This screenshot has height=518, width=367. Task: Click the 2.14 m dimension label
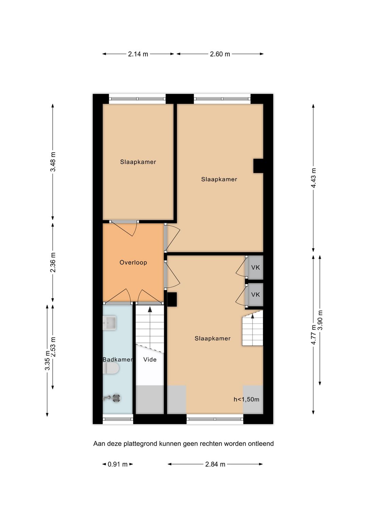tap(138, 54)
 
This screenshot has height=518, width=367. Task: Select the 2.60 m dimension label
tap(220, 54)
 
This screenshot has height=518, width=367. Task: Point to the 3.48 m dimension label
tap(53, 162)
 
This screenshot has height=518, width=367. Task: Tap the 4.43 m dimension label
tap(314, 178)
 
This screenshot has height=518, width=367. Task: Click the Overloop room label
tap(133, 262)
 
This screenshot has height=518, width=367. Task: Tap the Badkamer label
tap(118, 359)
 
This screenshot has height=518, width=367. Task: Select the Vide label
tap(150, 359)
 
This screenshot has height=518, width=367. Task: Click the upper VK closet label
tap(256, 267)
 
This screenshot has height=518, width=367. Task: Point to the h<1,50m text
tap(246, 399)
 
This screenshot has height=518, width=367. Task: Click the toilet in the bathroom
tap(111, 368)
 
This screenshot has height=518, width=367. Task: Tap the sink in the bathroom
tap(109, 323)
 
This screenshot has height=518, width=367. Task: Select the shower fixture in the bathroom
tap(112, 398)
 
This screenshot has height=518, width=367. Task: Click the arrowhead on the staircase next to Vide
tap(150, 310)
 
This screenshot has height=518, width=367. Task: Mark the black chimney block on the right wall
tap(258, 166)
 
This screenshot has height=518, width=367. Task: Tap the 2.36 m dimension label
tap(53, 262)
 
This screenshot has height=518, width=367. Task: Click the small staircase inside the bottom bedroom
tap(252, 328)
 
